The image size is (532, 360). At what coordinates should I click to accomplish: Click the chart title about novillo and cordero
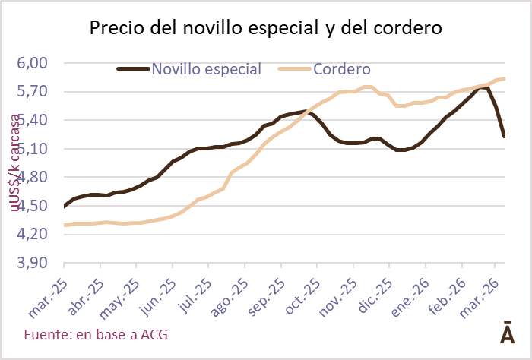click(266, 29)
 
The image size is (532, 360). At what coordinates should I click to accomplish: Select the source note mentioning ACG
click(96, 334)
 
